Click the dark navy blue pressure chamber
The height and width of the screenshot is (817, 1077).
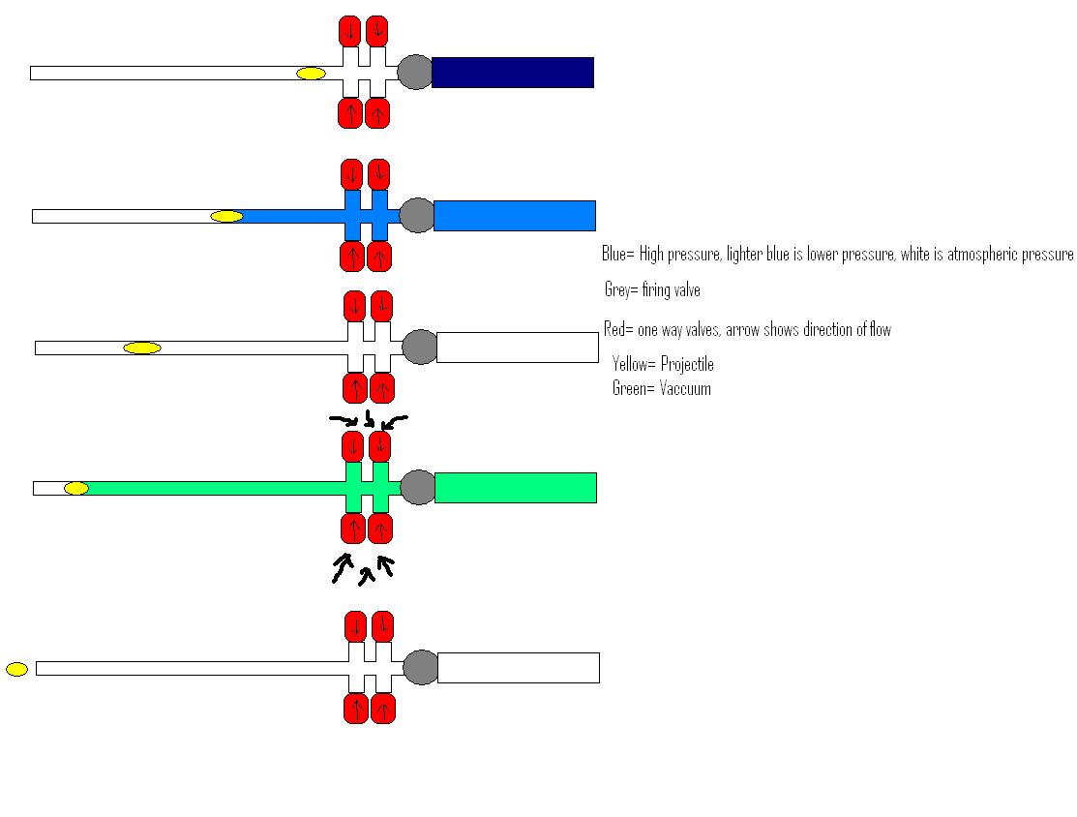[x=512, y=73]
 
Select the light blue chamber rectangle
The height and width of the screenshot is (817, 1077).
[x=514, y=216]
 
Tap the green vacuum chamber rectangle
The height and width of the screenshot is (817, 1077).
[x=515, y=488]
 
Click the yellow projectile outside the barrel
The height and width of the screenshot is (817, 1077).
[x=16, y=669]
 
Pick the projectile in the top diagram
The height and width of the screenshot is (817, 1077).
[x=311, y=74]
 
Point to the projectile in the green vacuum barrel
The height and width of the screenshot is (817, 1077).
[x=76, y=489]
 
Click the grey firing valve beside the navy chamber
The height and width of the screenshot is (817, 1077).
[x=415, y=73]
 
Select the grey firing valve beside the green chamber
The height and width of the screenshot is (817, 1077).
[x=418, y=487]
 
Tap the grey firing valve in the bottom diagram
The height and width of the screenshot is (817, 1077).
[x=421, y=668]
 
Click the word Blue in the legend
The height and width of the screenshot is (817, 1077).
[x=614, y=255]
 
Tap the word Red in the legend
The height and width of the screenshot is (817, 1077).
[x=614, y=330]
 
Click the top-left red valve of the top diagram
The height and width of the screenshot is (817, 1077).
[x=349, y=31]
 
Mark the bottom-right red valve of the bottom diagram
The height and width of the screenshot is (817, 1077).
[x=383, y=709]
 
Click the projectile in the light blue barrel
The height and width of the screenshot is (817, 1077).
[x=226, y=216]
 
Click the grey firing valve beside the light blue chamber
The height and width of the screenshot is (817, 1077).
[x=417, y=215]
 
